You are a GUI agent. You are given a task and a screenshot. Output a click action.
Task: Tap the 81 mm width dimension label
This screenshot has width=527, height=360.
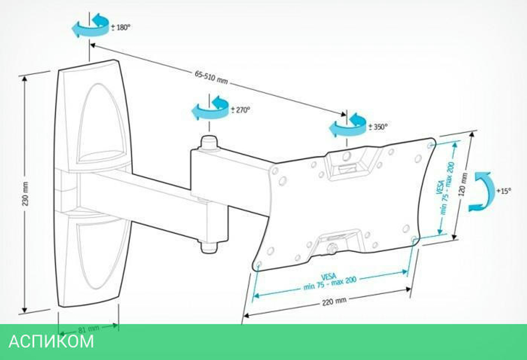(89, 329)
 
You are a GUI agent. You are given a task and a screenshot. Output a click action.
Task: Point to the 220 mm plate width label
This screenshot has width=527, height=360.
(334, 301)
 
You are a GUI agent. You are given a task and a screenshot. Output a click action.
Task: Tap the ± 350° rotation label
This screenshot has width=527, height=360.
(377, 127)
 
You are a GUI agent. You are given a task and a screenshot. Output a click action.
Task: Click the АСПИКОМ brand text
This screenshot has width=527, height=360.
(51, 342)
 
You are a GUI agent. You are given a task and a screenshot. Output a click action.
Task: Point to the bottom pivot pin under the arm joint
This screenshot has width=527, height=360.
(209, 245)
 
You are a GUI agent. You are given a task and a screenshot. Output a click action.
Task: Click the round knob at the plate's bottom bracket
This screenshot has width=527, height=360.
(332, 247)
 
